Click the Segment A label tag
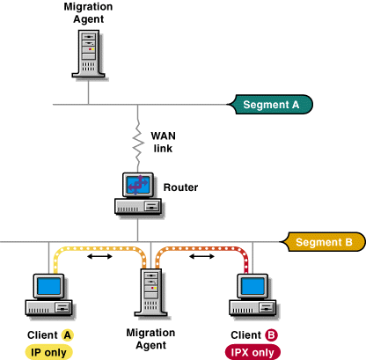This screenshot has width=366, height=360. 270,105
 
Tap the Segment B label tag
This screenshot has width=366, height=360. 323,242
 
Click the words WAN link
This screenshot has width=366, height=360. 163,143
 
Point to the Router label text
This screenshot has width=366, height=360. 180,187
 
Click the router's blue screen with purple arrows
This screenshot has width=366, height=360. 138,185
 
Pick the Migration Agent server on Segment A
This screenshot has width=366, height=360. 89,54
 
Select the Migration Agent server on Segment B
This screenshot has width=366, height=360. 151,292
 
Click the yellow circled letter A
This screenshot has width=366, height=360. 68,334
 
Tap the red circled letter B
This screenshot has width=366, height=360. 271,334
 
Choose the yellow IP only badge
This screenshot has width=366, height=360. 48,352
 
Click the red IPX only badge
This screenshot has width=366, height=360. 253,352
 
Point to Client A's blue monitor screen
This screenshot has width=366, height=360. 49,286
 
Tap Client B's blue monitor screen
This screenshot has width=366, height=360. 253,286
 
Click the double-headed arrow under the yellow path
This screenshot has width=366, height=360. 99,256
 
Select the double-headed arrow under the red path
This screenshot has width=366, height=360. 201,256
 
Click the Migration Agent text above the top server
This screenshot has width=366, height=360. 88,12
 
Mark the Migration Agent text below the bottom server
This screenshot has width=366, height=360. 150,339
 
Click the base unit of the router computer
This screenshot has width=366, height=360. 138,207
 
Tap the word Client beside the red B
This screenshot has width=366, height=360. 245,334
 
